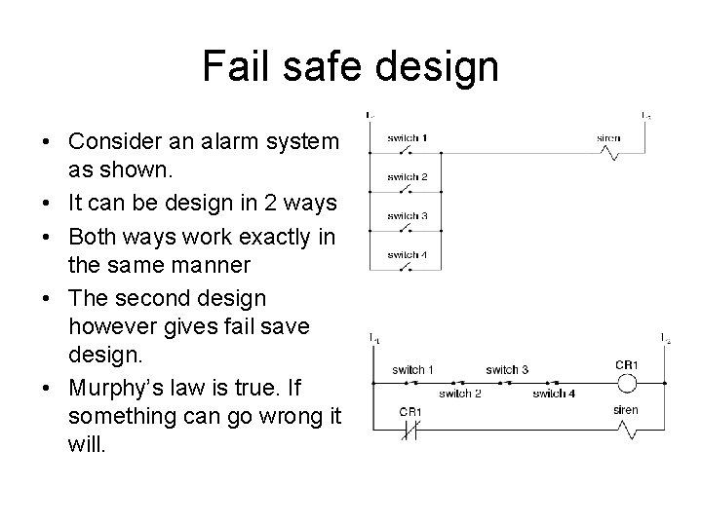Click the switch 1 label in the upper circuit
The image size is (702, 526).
pyautogui.click(x=408, y=137)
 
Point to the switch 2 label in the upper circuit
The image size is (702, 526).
pyautogui.click(x=408, y=176)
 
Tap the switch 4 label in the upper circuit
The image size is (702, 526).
pyautogui.click(x=408, y=255)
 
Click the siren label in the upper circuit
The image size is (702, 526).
pyautogui.click(x=608, y=138)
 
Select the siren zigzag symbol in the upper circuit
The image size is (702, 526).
pyautogui.click(x=608, y=153)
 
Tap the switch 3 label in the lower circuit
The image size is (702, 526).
pyautogui.click(x=507, y=369)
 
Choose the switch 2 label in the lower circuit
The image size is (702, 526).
pyautogui.click(x=460, y=393)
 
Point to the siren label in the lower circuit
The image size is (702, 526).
pyautogui.click(x=626, y=411)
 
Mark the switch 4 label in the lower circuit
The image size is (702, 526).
pyautogui.click(x=555, y=393)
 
